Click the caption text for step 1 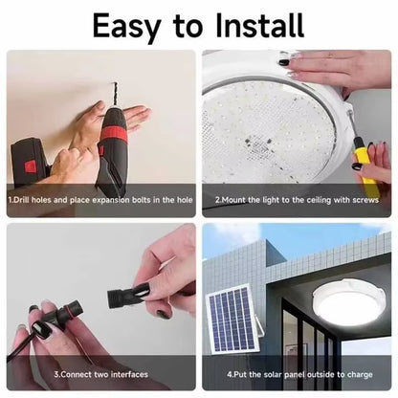pos(100,200)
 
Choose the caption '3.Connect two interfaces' pos(99,374)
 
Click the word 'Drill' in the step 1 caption pos(24,200)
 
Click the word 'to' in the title pos(194,25)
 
